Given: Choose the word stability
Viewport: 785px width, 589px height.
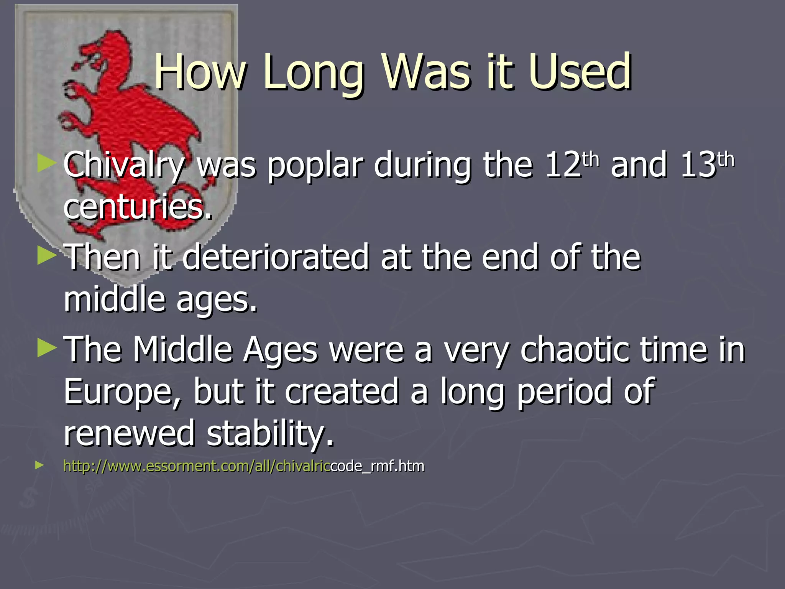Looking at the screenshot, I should coord(270,433).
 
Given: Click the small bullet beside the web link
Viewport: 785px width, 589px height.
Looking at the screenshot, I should coord(39,466).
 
